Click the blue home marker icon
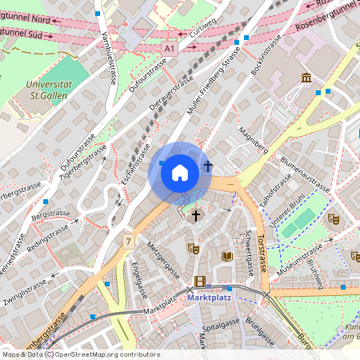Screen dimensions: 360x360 tap(179, 172)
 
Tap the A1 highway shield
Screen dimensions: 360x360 tap(169, 49)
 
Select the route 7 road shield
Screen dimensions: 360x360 tap(128, 241)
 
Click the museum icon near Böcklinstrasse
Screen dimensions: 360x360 tap(306, 78)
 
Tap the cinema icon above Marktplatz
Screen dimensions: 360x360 tap(199, 281)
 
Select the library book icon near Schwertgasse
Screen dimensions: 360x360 tap(227, 256)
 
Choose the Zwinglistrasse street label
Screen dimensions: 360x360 tap(25, 294)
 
